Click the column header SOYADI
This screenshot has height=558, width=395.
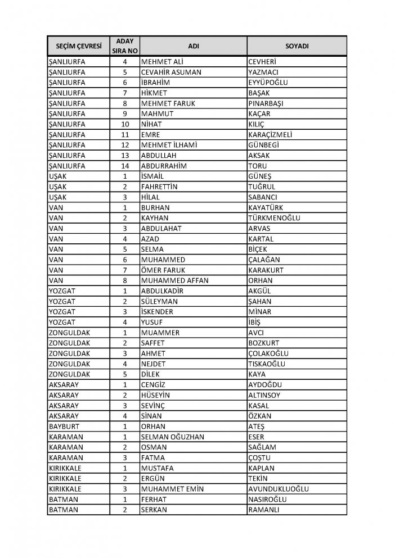pyautogui.click(x=297, y=46)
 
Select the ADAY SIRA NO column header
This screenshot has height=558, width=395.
pyautogui.click(x=125, y=46)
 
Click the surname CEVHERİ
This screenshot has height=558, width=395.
pyautogui.click(x=263, y=62)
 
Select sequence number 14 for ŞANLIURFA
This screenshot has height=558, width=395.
pyautogui.click(x=125, y=166)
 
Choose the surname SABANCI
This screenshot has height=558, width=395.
pyautogui.click(x=262, y=197)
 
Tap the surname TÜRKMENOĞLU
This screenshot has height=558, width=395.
pyautogui.click(x=274, y=218)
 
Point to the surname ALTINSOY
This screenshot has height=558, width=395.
pyautogui.click(x=264, y=395)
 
